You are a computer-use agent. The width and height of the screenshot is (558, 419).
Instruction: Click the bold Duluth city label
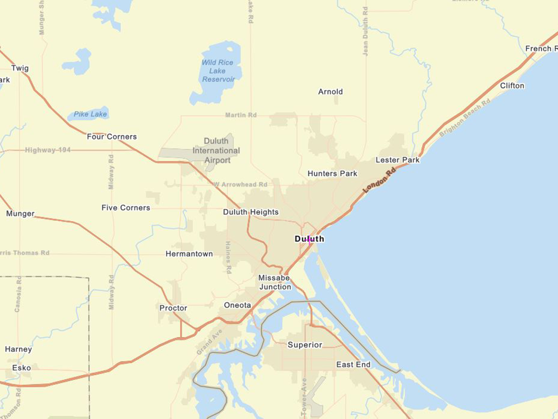309,239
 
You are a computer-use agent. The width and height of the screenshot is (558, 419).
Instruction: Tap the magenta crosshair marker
309,240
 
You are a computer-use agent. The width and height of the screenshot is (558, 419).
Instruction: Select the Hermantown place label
189,254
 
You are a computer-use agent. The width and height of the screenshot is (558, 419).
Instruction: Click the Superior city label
305,345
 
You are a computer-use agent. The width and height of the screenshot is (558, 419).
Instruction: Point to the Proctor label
173,308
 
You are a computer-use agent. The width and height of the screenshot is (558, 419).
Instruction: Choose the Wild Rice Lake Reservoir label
218,71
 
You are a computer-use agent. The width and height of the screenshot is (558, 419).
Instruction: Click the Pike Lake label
90,114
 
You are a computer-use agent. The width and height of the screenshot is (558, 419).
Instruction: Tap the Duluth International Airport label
216,151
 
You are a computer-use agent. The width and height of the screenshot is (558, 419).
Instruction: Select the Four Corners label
112,137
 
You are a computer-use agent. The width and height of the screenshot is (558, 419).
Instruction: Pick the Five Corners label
126,208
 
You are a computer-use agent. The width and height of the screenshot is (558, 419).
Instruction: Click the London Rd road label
379,180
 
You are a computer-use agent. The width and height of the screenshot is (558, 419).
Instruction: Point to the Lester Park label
397,160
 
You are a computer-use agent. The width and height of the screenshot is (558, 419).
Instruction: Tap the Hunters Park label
332,173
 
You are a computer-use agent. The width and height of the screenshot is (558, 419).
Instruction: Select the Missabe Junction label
275,282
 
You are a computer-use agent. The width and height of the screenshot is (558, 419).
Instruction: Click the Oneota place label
237,305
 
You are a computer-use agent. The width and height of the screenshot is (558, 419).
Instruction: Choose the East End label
353,365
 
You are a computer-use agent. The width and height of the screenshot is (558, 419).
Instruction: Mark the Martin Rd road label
241,115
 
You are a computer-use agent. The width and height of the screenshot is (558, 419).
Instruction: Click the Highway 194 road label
48,150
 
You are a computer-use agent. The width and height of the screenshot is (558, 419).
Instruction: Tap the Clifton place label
512,85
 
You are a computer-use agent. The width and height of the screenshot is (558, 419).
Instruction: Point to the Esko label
21,368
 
